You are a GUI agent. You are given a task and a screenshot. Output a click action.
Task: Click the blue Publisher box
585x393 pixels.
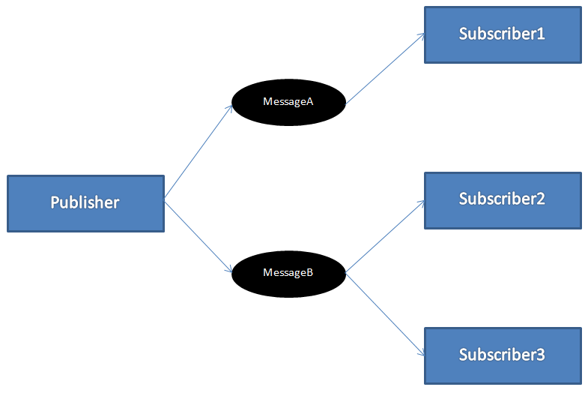click(x=85, y=203)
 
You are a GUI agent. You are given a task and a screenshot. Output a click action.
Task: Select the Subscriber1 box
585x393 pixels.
click(x=503, y=34)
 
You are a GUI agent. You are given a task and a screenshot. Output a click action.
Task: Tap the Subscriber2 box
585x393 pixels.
click(x=503, y=200)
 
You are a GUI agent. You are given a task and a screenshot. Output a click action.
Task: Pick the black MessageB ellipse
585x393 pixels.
click(x=288, y=272)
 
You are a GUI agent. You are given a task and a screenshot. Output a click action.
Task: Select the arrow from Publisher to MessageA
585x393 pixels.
click(x=198, y=152)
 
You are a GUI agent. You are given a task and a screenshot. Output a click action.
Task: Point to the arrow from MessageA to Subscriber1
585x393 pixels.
click(x=384, y=69)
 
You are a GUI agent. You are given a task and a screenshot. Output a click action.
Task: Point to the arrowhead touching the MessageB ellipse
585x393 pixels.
click(x=230, y=271)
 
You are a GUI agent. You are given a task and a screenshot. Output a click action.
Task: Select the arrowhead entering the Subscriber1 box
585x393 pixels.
click(x=421, y=35)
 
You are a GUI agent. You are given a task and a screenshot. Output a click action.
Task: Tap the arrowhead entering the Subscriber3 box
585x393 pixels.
click(x=421, y=353)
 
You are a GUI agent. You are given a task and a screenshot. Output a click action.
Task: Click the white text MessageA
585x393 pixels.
click(x=288, y=101)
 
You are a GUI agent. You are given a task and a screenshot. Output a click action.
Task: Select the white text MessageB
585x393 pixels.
click(x=288, y=272)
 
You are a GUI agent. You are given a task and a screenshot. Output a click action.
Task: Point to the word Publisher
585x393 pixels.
click(x=85, y=202)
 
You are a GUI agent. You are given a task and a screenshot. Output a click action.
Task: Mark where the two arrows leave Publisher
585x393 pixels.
click(x=165, y=201)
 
